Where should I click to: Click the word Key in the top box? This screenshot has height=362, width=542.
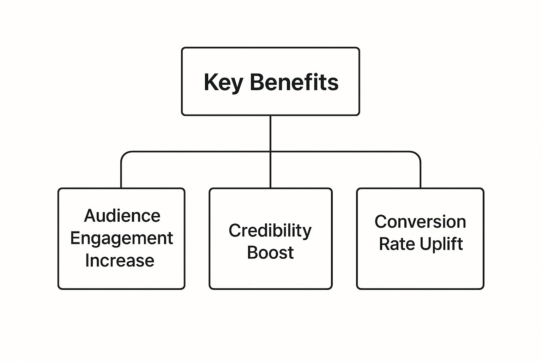pos(223,83)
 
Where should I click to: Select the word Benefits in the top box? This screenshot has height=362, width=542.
pos(294,82)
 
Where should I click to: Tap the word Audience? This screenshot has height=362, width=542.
pos(122,216)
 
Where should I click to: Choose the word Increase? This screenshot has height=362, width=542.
pos(120,261)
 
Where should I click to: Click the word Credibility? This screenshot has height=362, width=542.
pos(270,231)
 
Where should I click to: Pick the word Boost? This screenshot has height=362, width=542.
pos(270,252)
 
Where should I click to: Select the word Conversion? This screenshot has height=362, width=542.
pos(420,222)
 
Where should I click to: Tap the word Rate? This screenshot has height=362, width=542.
pos(396,244)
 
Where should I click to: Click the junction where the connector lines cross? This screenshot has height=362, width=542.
pos(270,152)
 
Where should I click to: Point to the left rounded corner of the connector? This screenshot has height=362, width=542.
pos(124,154)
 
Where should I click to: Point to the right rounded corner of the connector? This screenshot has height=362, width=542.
pos(418,154)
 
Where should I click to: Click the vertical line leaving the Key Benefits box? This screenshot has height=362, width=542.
pos(270,133)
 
